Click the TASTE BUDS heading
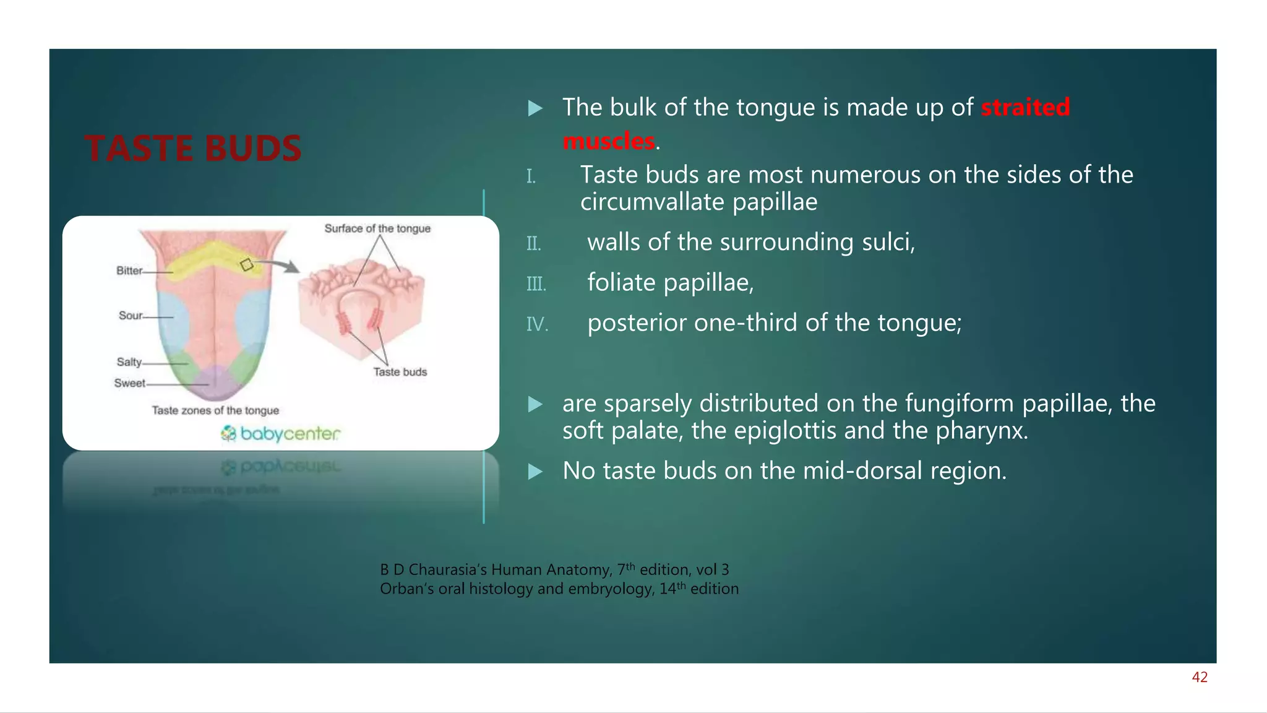coord(193,149)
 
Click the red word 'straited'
coord(1025,107)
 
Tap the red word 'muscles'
coord(609,141)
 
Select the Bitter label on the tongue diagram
coord(129,270)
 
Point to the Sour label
coord(131,316)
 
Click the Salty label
coord(129,362)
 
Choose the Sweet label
coord(129,383)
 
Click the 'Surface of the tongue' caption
coord(377,228)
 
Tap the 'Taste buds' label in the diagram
coord(400,372)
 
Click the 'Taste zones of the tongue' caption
coord(215,410)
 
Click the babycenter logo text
coord(290,433)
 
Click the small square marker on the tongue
coord(247,265)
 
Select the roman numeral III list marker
coord(536,284)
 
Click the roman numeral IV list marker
coord(537,324)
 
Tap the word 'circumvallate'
coord(653,202)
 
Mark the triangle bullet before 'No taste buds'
coord(535,472)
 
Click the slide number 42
coord(1200,677)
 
